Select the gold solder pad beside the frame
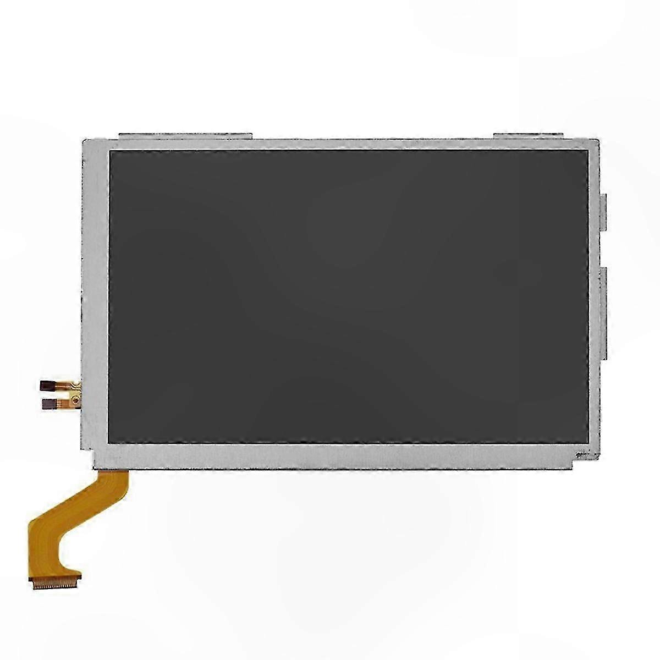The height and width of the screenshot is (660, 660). pos(74,394)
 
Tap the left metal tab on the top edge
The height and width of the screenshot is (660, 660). pos(185,135)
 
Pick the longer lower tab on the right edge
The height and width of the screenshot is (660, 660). pos(604,311)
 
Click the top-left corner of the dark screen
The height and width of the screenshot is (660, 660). pos(110,151)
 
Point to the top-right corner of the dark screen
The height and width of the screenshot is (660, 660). pos(587,151)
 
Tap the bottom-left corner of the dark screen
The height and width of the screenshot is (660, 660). pos(110,443)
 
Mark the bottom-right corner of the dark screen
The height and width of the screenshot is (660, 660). pos(587,443)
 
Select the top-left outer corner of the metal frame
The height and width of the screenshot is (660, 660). pos(82,141)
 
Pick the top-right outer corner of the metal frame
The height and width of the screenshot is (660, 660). pos(598,141)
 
